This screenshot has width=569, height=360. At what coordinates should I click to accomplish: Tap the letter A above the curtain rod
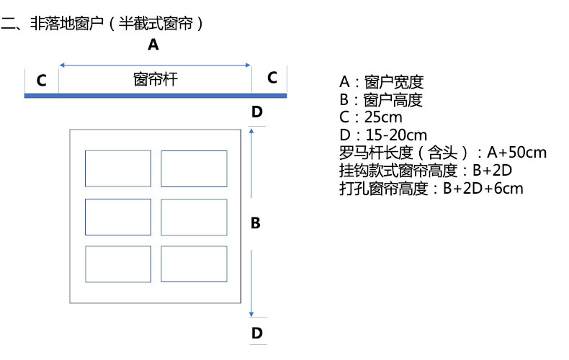point(153,45)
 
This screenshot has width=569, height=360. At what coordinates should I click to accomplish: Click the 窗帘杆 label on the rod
point(156,79)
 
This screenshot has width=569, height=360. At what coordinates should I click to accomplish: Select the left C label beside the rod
point(42,80)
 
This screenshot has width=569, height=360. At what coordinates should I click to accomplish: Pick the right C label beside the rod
point(272,78)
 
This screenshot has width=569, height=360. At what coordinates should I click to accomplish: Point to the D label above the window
point(257,112)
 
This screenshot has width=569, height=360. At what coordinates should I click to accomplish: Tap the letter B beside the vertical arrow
point(255,223)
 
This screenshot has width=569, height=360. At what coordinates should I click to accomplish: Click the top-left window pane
point(118,168)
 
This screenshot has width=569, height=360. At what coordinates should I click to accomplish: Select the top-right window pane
point(194,168)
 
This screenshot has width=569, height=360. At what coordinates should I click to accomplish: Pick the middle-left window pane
point(118,217)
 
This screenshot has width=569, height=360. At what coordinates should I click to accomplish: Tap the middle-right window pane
point(194,217)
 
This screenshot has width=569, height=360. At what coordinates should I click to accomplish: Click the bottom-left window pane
point(118,264)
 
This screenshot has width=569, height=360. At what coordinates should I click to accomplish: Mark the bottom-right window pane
point(194,264)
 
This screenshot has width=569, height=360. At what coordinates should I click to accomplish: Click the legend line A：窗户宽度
point(381,81)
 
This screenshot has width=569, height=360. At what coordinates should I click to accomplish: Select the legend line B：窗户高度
point(381,99)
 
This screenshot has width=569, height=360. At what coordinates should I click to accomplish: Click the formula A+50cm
point(516,153)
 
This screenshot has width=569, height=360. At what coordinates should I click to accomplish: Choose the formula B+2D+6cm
point(483,189)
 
